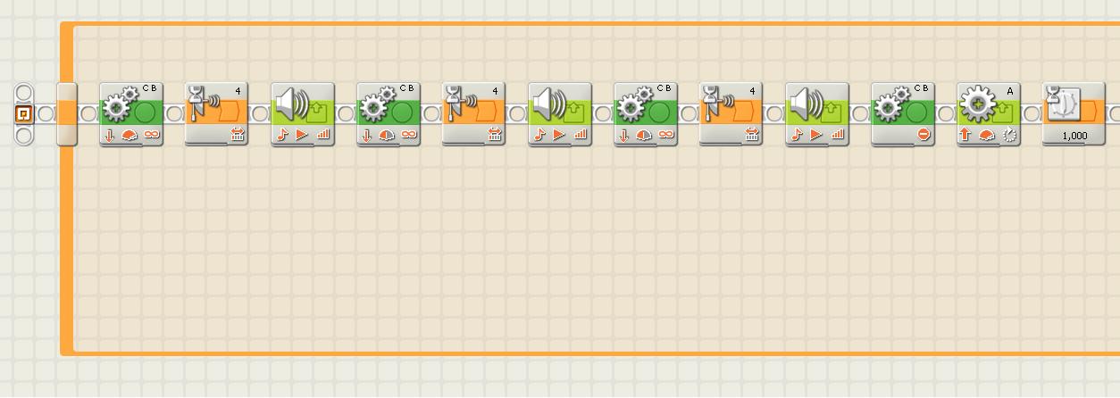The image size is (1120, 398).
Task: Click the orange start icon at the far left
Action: pyautogui.click(x=23, y=114)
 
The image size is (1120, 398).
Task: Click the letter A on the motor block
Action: pyautogui.click(x=1010, y=91)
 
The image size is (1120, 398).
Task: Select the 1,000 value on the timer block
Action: pyautogui.click(x=1074, y=136)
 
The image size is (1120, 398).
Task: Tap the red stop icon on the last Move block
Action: pyautogui.click(x=924, y=135)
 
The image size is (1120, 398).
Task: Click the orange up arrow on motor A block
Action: pyautogui.click(x=965, y=135)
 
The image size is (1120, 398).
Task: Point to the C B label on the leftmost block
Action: pyautogui.click(x=149, y=88)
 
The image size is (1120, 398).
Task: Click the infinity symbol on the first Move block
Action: pyautogui.click(x=152, y=135)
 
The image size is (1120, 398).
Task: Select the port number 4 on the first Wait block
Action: pyautogui.click(x=238, y=91)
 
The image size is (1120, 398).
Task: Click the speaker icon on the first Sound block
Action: pyautogui.click(x=293, y=104)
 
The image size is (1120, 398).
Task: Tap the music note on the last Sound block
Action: pyautogui.click(x=797, y=135)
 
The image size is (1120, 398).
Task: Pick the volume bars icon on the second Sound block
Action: pyautogui.click(x=580, y=135)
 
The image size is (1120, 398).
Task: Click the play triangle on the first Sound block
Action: pyautogui.click(x=302, y=135)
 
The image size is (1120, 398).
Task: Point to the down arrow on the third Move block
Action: pyautogui.click(x=623, y=136)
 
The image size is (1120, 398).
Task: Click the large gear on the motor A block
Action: pyautogui.click(x=978, y=104)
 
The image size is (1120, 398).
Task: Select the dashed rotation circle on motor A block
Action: pyautogui.click(x=1009, y=135)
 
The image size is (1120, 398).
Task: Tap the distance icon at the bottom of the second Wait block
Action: pyautogui.click(x=495, y=135)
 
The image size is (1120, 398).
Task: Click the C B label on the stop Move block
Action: pyautogui.click(x=921, y=88)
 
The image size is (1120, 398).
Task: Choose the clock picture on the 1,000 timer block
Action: pyautogui.click(x=1063, y=104)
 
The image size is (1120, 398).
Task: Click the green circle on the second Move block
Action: pyautogui.click(x=402, y=113)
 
